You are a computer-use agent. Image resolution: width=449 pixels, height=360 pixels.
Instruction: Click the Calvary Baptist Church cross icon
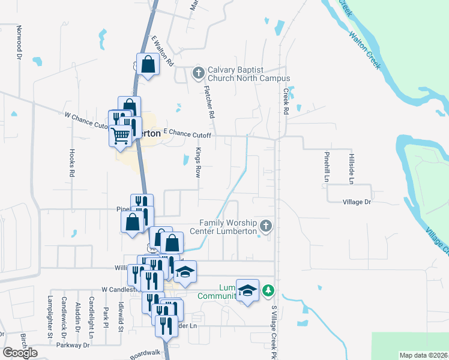click(x=198, y=74)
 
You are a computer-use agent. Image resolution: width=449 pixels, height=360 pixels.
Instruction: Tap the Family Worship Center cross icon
click(x=267, y=226)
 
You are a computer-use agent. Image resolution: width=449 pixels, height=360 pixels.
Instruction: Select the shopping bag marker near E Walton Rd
click(x=148, y=64)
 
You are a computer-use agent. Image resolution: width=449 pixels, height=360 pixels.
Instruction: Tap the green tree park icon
click(x=269, y=291)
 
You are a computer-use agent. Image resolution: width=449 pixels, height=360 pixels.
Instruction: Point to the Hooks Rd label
click(x=71, y=162)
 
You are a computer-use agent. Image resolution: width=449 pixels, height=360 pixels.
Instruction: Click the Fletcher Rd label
click(x=209, y=100)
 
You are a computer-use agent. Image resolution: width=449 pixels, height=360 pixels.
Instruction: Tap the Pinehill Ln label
click(x=327, y=166)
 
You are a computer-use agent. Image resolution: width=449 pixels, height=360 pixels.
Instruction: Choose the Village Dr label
click(x=357, y=202)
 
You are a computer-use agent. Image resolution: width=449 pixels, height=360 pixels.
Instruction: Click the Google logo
click(x=20, y=353)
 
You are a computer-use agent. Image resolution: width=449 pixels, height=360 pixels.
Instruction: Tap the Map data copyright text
click(x=424, y=355)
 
